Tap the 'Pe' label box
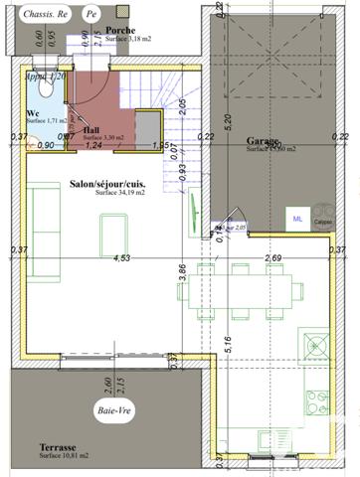click(91, 16)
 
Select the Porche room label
click(120, 31)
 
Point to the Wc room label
click(33, 112)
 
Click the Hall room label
click(91, 129)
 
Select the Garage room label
click(264, 141)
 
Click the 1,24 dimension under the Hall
click(94, 146)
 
